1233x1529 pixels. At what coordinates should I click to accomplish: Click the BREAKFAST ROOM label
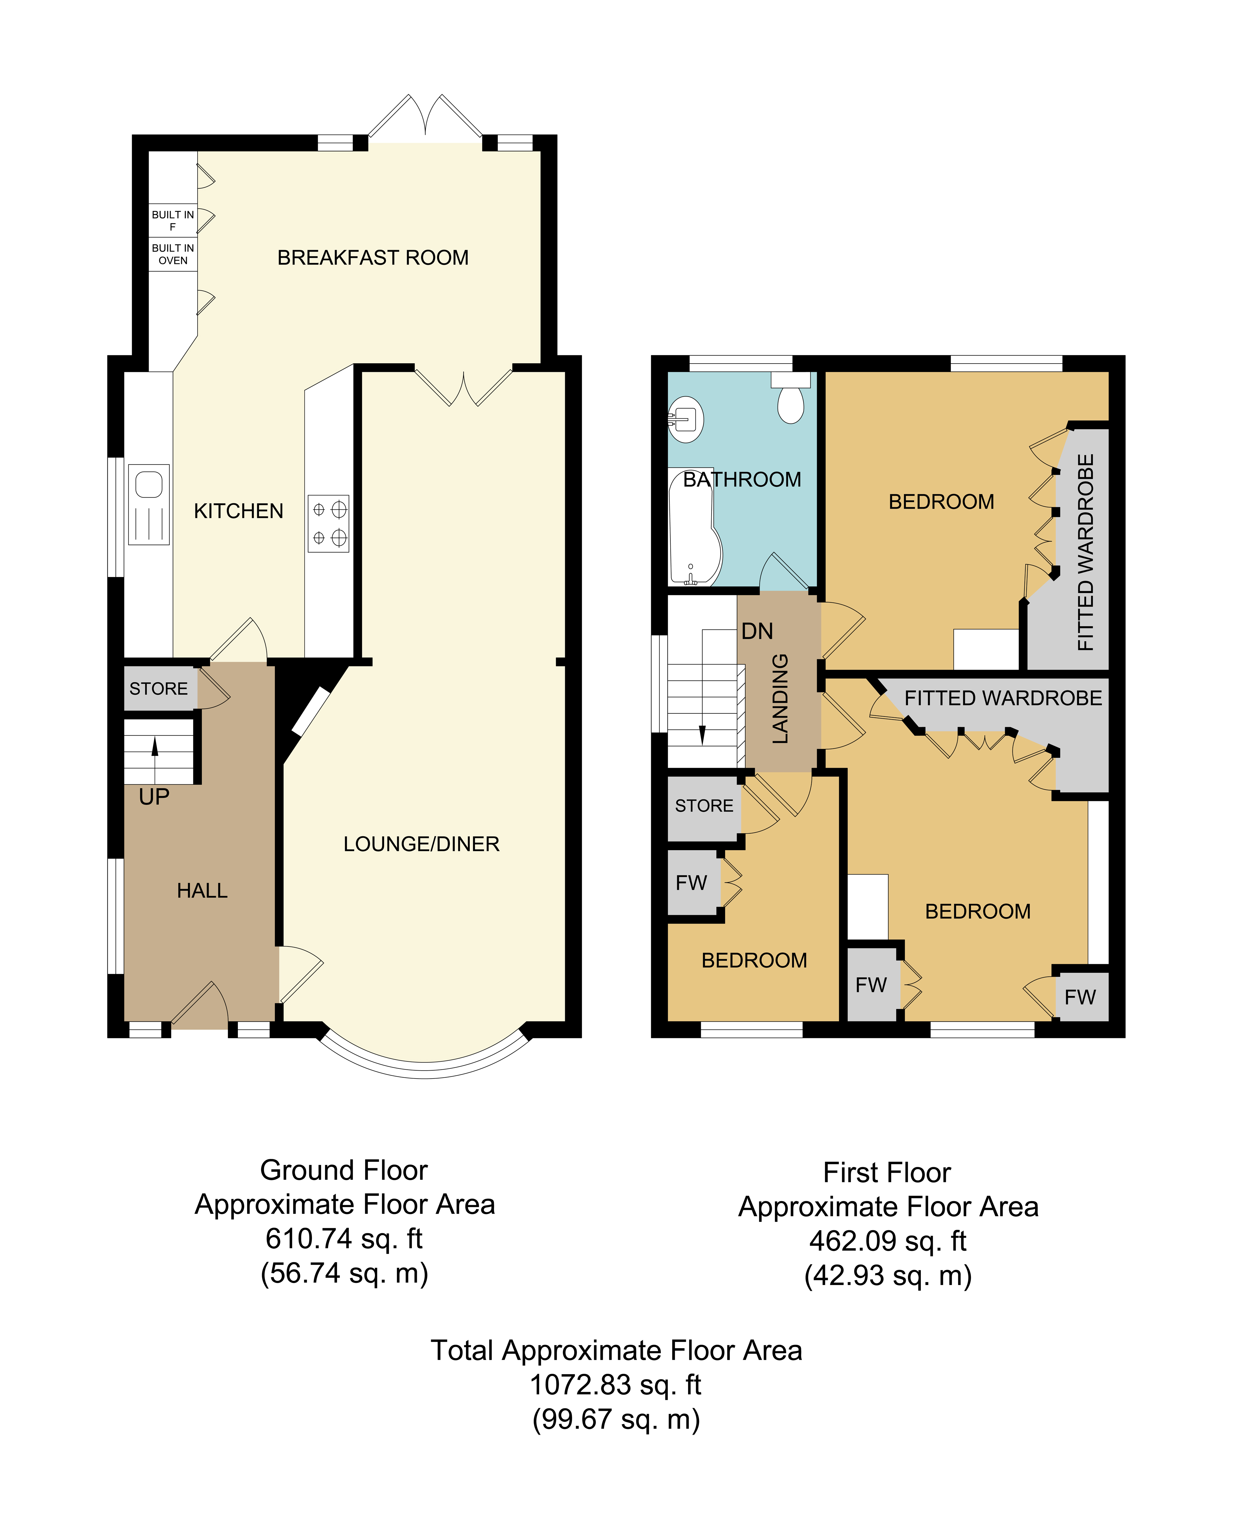(373, 258)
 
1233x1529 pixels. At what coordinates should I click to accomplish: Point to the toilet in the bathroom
(791, 398)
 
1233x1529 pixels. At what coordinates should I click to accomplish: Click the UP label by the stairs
(154, 797)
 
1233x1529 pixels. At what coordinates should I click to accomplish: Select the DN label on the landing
(757, 631)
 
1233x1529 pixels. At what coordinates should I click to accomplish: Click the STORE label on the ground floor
(158, 689)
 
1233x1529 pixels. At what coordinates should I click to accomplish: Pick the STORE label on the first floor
(704, 806)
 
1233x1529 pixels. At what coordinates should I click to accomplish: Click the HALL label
(202, 890)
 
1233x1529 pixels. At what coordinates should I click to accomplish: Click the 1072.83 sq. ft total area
(616, 1385)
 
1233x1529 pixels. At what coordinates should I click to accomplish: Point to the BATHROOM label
(742, 480)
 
